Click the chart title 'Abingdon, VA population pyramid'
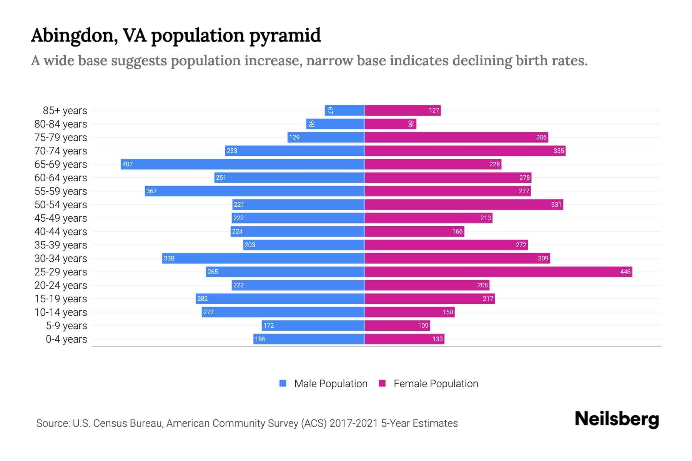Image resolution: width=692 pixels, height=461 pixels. coord(176,35)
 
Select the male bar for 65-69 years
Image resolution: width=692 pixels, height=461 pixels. coord(242,164)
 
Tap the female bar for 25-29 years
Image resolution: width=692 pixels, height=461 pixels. coord(498,272)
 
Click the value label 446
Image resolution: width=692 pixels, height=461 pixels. coord(625,272)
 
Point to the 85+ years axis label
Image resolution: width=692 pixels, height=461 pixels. coord(65,111)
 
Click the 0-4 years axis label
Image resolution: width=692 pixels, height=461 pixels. coord(66,339)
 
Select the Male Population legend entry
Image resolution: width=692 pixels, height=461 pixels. coord(323,384)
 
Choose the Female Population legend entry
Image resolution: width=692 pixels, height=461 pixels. coord(428,384)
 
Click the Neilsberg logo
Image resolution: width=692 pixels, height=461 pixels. coord(617,419)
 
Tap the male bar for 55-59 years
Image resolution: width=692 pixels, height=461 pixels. coord(255,191)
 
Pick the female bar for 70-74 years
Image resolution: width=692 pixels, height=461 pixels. coord(465,151)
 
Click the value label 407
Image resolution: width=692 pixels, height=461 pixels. coord(128,164)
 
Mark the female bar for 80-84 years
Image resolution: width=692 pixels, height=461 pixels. coord(390,124)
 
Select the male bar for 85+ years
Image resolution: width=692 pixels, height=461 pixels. coord(344,110)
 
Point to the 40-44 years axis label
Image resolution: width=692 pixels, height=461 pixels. coord(61,232)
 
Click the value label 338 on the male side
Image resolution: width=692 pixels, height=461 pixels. coord(169,259)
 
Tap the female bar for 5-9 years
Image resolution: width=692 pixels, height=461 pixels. coord(397,325)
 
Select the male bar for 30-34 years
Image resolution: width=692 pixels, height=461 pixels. coord(263,258)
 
